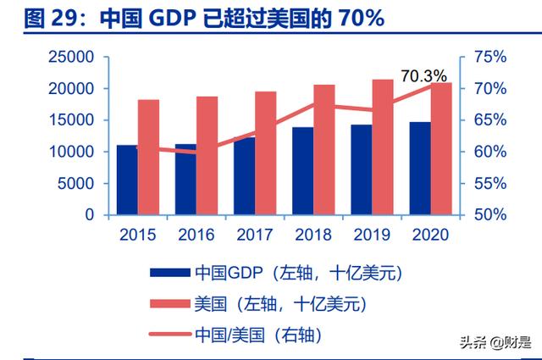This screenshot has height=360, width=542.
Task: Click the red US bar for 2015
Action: [149, 157]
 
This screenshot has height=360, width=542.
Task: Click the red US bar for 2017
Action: [266, 152]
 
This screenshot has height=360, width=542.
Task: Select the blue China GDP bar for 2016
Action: [185, 179]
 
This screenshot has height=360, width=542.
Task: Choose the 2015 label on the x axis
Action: [137, 234]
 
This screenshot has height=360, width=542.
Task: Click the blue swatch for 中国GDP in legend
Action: [169, 273]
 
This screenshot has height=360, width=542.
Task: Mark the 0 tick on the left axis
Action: [88, 215]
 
